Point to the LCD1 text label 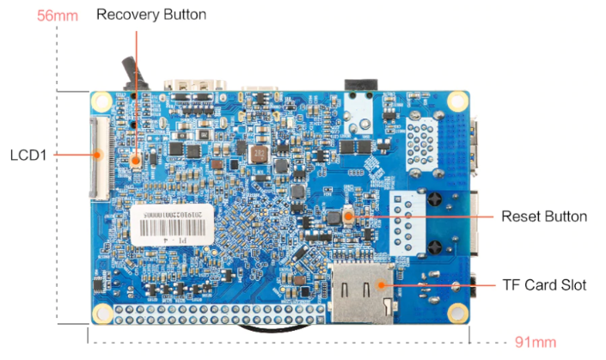[28, 156]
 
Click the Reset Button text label [544, 216]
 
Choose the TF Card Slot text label [543, 284]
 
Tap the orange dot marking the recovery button [136, 158]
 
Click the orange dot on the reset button [347, 216]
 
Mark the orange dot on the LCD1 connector [99, 155]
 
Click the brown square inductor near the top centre [255, 155]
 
